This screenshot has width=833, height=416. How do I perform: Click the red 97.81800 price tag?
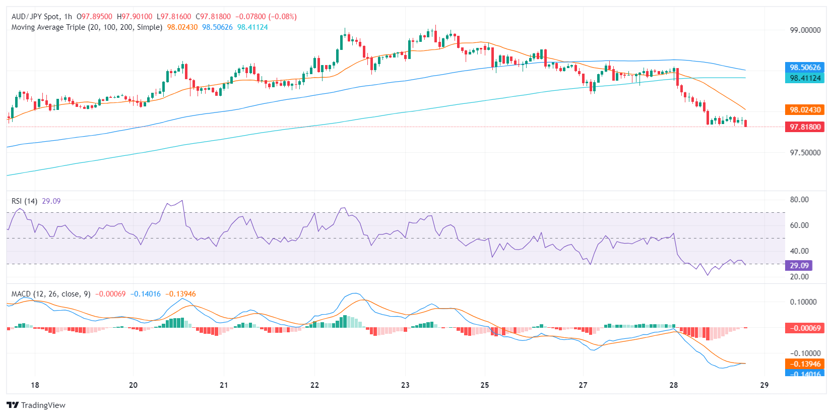tap(805, 127)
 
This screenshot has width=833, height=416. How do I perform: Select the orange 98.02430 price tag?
tap(805, 109)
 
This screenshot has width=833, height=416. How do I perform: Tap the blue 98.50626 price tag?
tap(805, 67)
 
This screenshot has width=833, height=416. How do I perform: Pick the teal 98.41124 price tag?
tap(805, 78)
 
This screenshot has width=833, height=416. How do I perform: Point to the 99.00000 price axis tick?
tap(805, 30)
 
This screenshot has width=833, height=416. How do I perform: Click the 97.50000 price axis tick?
tap(805, 153)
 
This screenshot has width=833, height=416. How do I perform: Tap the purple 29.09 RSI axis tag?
tap(799, 265)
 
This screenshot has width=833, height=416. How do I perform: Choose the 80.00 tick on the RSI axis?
tap(799, 200)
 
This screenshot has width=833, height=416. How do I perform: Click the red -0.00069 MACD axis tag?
tap(805, 328)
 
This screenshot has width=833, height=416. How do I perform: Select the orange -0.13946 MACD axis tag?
tap(805, 364)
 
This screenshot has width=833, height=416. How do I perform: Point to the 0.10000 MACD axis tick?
tap(805, 302)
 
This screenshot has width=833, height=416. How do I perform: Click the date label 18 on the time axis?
tap(35, 385)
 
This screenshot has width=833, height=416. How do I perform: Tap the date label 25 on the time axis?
tap(485, 385)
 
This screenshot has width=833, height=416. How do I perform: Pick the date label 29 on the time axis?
tap(764, 385)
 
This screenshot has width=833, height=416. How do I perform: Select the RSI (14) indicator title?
tap(24, 201)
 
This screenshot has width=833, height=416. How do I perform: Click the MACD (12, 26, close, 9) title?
tap(51, 294)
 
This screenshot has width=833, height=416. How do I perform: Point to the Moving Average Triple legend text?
tap(87, 27)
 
